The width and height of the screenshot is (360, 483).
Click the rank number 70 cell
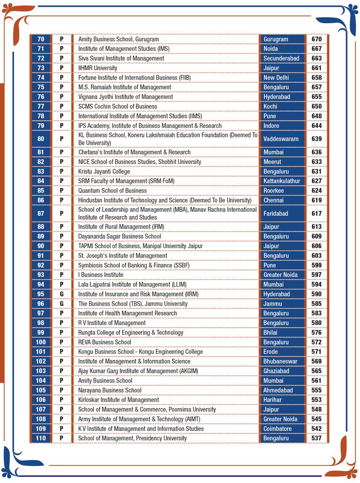(x=41, y=39)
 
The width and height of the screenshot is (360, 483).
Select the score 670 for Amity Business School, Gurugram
(x=316, y=39)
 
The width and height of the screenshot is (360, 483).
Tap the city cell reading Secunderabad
(x=281, y=58)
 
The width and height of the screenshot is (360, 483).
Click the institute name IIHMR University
(x=98, y=68)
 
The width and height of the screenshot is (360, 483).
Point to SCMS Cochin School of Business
(x=117, y=107)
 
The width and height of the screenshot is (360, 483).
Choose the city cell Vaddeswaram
(x=281, y=139)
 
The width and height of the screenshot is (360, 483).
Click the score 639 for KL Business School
(x=316, y=139)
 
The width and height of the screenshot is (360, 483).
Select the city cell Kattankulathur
(x=282, y=181)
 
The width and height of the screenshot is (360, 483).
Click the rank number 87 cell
(x=41, y=214)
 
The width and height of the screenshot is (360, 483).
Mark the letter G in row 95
(x=62, y=294)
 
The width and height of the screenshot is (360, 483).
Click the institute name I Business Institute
(x=100, y=275)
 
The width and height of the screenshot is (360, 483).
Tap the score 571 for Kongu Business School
(x=316, y=352)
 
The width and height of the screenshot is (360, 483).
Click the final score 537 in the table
(x=316, y=438)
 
